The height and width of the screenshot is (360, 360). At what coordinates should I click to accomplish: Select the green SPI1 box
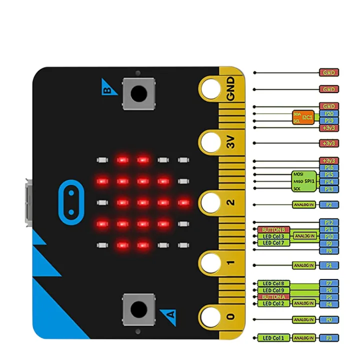(303, 181)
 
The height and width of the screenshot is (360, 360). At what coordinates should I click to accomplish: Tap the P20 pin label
(329, 113)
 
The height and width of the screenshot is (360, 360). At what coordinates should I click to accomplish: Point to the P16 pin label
(329, 167)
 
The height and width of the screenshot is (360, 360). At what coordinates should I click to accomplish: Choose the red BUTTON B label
(273, 229)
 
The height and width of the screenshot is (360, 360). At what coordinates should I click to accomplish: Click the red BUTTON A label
(273, 296)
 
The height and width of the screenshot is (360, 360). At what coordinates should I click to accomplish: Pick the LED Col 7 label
(273, 243)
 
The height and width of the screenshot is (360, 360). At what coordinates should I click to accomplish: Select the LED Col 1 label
(273, 338)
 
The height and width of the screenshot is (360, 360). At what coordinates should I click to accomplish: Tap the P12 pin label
(329, 222)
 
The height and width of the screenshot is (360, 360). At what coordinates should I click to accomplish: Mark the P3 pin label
(329, 338)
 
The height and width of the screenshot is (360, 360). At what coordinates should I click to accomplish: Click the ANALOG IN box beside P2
(304, 204)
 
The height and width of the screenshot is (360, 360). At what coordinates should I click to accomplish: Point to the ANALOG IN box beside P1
(304, 265)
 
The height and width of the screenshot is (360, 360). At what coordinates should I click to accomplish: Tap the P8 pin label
(329, 250)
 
